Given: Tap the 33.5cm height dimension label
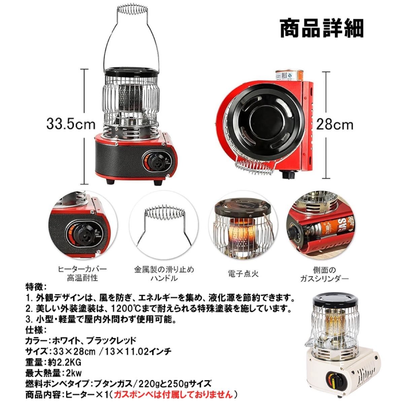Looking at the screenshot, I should click(x=71, y=125).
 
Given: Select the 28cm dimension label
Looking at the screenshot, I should click(x=334, y=125).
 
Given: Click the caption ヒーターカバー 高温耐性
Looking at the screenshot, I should click(x=82, y=273).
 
